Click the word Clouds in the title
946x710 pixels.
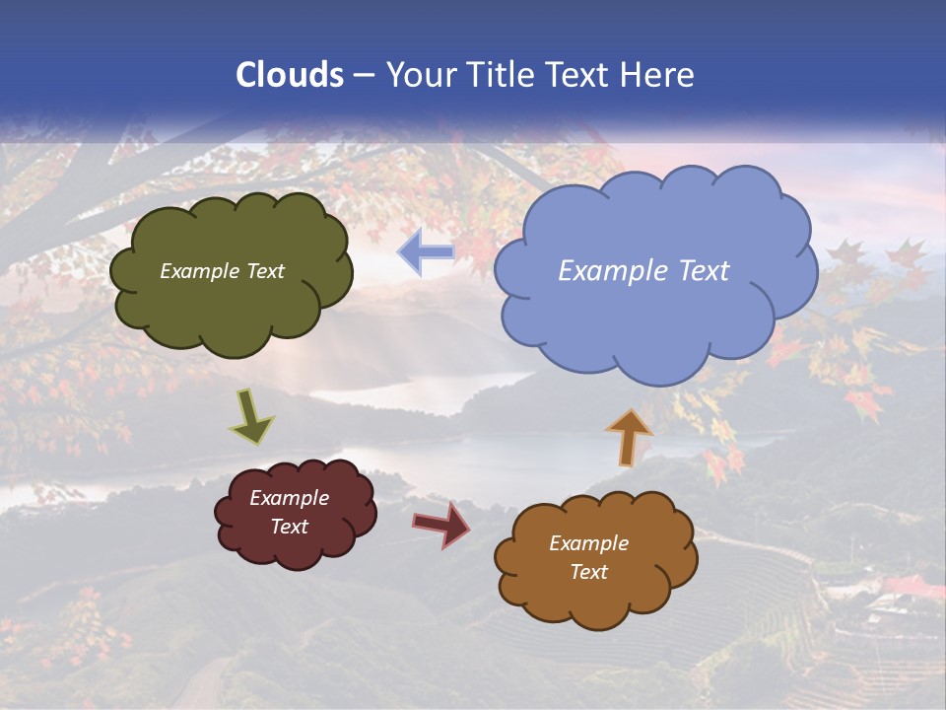click(x=290, y=75)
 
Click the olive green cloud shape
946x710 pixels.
click(x=232, y=316)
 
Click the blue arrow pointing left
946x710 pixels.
click(x=426, y=252)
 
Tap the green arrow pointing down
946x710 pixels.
click(x=251, y=418)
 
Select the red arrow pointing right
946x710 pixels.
click(x=441, y=525)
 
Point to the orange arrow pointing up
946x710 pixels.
click(x=629, y=436)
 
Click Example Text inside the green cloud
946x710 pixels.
click(x=222, y=271)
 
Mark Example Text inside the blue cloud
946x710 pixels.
click(x=643, y=271)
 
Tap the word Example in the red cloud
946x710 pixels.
click(x=289, y=498)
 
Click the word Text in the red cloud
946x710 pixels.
click(x=289, y=527)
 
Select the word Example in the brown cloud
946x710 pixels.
click(x=588, y=543)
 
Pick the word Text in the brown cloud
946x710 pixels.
click(x=588, y=572)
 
